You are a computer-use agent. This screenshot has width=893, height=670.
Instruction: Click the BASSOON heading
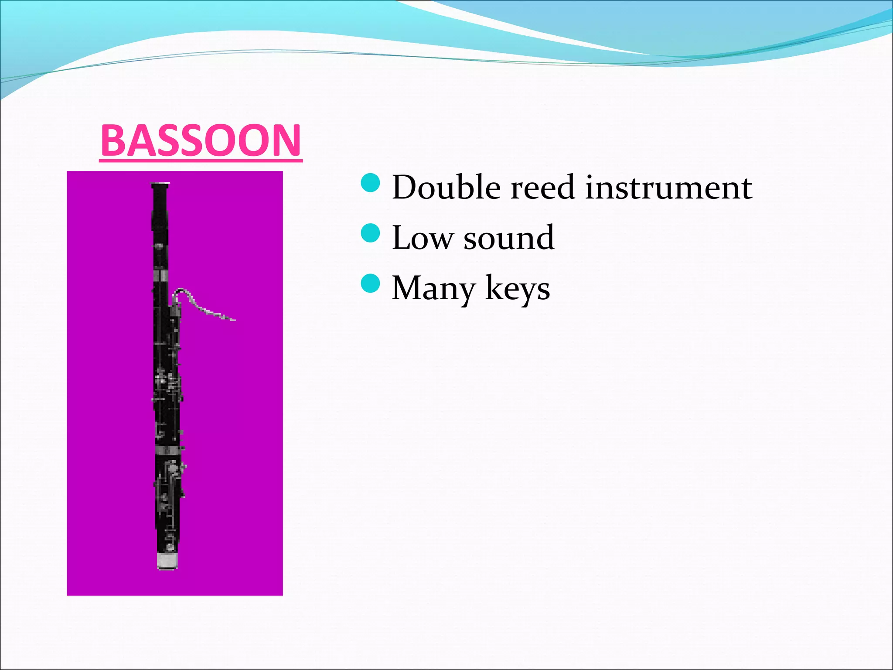(x=201, y=140)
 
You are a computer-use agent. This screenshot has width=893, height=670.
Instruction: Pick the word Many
(x=433, y=288)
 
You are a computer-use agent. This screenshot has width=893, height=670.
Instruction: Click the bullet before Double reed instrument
(x=371, y=183)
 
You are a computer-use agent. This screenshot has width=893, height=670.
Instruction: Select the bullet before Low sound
(x=371, y=233)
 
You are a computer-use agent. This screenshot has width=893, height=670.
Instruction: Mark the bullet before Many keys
(x=371, y=284)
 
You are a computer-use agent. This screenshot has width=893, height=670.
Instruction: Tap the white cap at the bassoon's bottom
(x=167, y=560)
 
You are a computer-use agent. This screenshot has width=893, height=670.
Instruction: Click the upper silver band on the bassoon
(x=160, y=276)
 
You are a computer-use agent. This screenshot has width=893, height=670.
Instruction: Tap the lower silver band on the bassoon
(x=167, y=451)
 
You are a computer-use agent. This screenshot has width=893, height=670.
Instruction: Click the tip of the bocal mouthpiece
(x=233, y=320)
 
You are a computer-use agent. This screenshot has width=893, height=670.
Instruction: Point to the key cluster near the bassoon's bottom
(x=170, y=484)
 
